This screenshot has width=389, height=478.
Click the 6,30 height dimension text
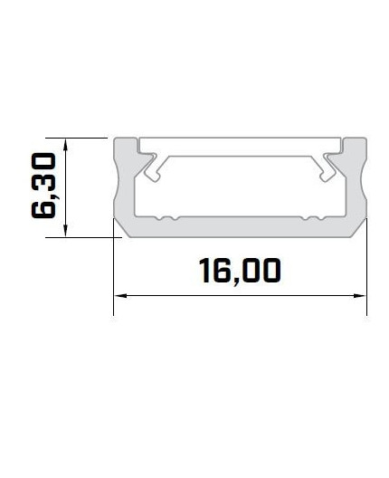tap(44, 186)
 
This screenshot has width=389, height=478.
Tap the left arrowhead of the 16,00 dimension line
tap(119, 295)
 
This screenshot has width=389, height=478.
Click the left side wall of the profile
tap(124, 190)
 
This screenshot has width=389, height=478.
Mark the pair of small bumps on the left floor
tap(165, 218)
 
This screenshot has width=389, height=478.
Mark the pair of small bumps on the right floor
tap(313, 218)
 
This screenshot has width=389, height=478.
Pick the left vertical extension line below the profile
tap(113, 281)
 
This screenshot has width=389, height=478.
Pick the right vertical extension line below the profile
tap(366, 281)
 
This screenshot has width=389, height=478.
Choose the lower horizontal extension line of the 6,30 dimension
tap(90, 237)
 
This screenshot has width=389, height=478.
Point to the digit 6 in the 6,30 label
tap(44, 208)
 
